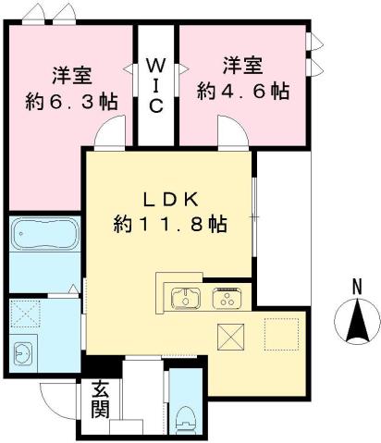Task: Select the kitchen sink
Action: coord(186,298)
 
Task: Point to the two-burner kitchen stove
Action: coord(227,298)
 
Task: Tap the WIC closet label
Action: coord(155,84)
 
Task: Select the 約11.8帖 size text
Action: coord(171,223)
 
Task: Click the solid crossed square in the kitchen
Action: coord(229,336)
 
